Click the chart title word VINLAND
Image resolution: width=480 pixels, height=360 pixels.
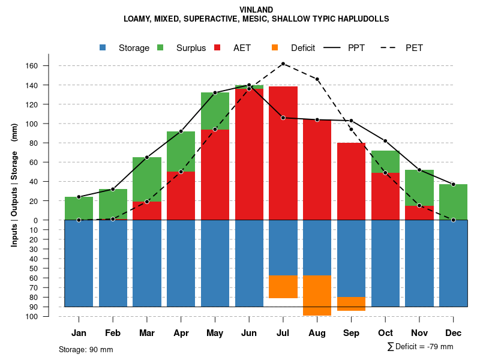pos(256,10)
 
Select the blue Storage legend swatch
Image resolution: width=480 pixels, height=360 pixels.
pos(103,48)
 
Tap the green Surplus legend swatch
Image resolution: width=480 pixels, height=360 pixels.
pos(160,48)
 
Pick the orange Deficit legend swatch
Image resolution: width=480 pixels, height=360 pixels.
pos(275,48)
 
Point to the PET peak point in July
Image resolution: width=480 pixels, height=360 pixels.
pos(283,64)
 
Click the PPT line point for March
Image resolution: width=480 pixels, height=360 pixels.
pos(147,157)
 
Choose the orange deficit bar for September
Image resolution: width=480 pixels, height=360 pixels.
pos(352,304)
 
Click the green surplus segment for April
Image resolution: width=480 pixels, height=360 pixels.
pos(181,151)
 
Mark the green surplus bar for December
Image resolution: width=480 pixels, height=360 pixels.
pos(454,202)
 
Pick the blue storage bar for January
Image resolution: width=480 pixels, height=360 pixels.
pos(79,263)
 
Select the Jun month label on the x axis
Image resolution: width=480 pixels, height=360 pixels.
pos(249,333)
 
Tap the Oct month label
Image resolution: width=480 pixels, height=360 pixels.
pos(385,333)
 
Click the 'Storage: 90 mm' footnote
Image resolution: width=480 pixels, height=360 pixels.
pos(86,349)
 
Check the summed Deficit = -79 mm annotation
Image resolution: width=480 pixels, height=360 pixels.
pos(420,347)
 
